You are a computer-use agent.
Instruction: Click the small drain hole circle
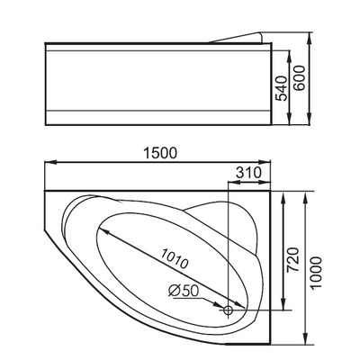pos(229,310)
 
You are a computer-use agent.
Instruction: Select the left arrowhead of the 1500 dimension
pos(47,163)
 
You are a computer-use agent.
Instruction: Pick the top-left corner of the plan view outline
pos(42,192)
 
